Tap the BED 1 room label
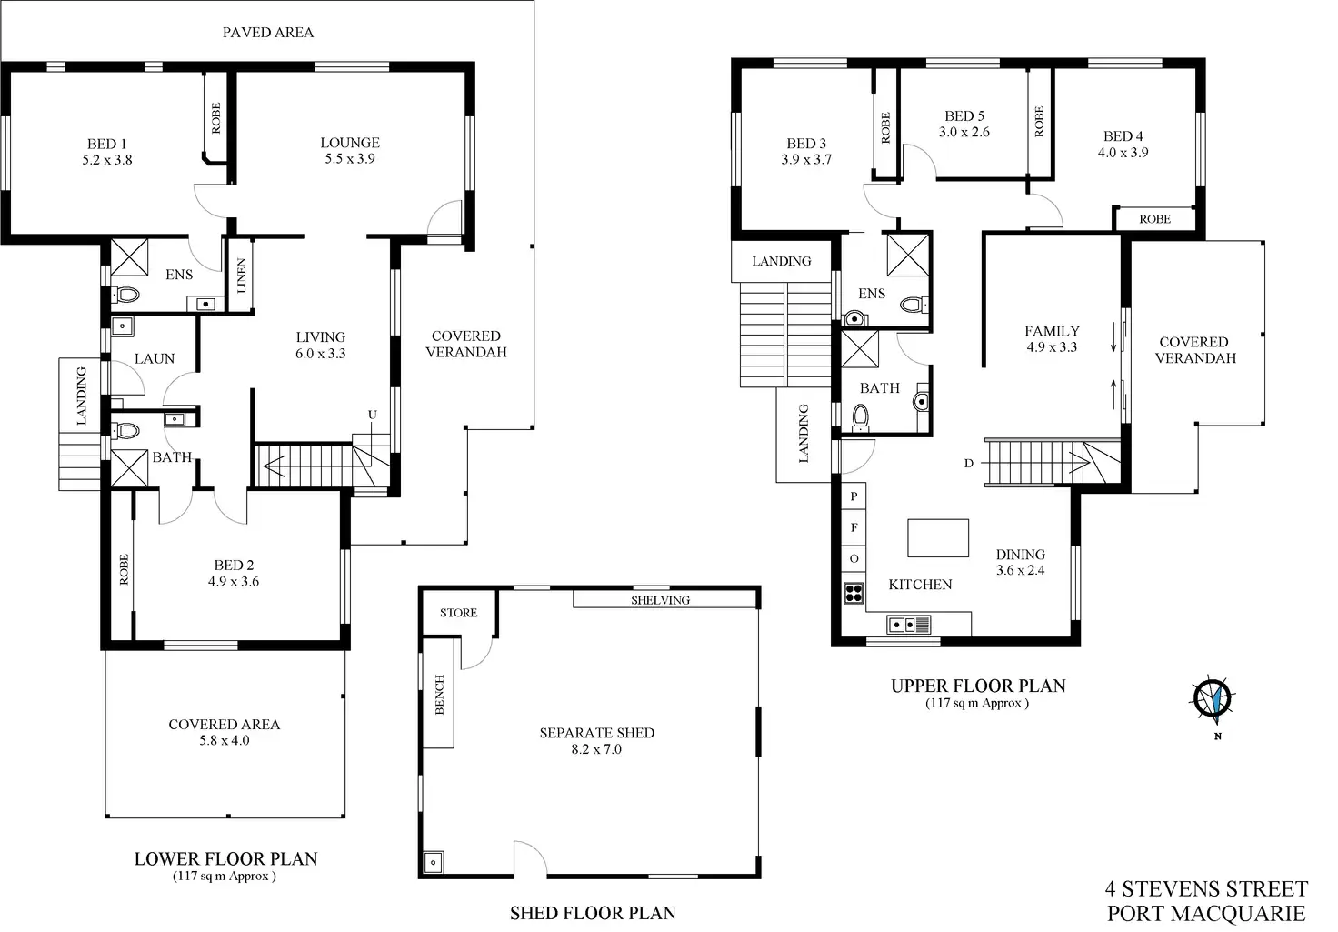[106, 144]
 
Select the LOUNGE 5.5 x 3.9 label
[350, 150]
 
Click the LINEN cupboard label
[241, 276]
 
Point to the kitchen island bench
[938, 537]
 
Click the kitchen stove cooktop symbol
[854, 593]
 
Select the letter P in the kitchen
[854, 497]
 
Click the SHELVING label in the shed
[660, 600]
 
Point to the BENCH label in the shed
[440, 694]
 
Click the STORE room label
[458, 613]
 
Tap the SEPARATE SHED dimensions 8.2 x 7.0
[596, 749]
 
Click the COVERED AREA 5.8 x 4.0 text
[224, 732]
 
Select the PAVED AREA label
[268, 33]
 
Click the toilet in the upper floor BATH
[860, 417]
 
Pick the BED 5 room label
[964, 116]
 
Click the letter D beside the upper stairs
[969, 464]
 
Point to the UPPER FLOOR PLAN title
[978, 686]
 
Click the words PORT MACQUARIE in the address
[1206, 913]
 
